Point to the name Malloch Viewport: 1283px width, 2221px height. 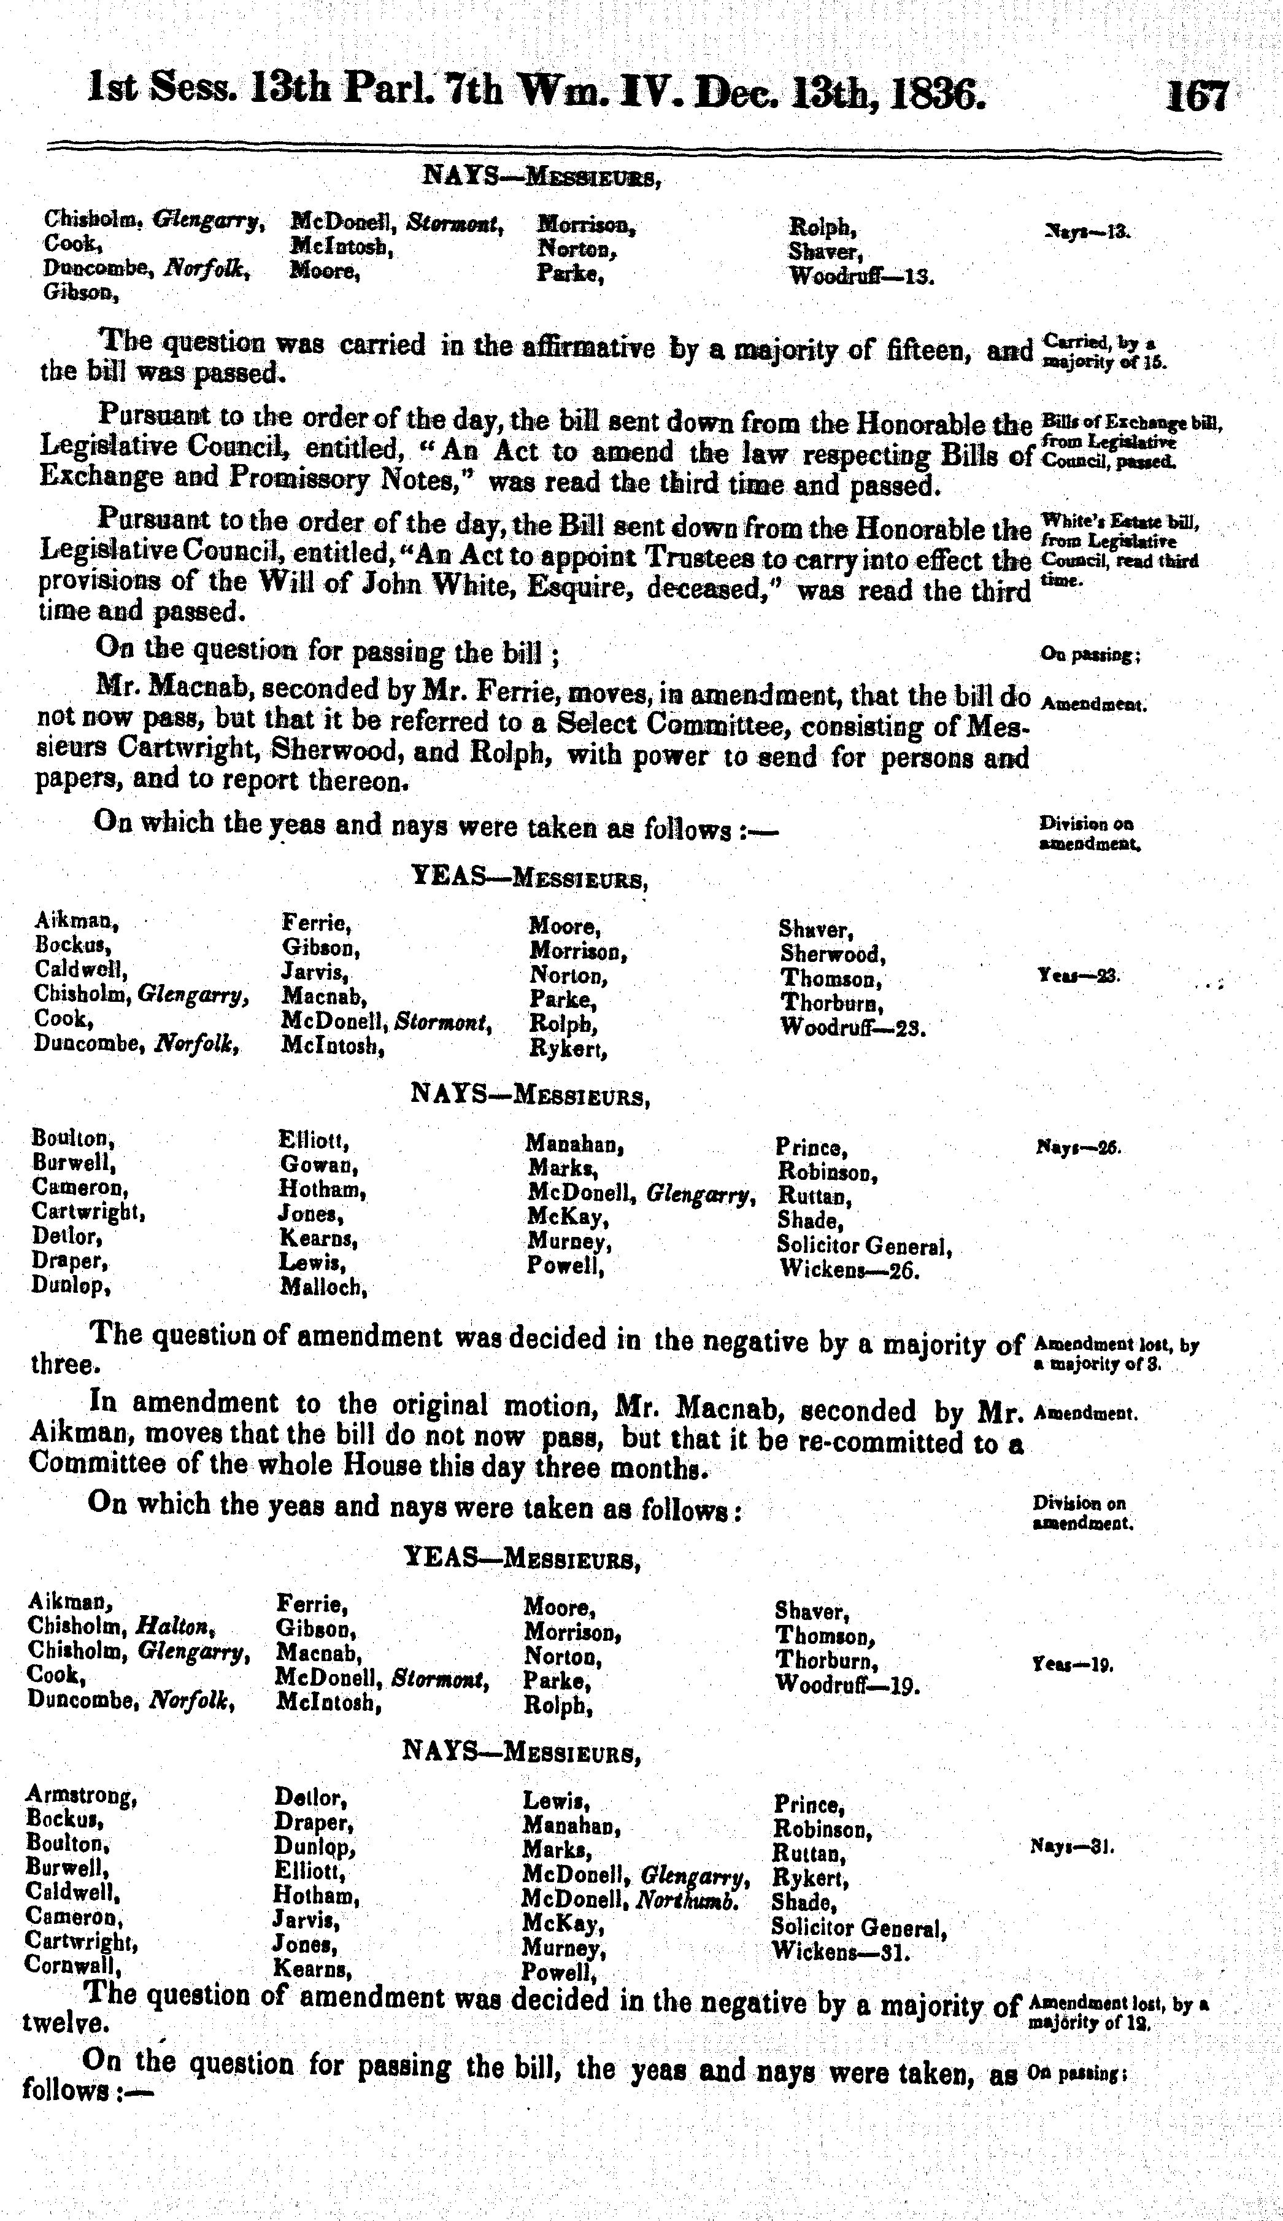[323, 1288]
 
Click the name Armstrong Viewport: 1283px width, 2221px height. [81, 1794]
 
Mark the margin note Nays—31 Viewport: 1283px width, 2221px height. [1071, 1845]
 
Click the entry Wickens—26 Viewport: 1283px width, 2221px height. [849, 1271]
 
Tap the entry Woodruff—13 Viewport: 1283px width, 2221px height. [861, 276]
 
